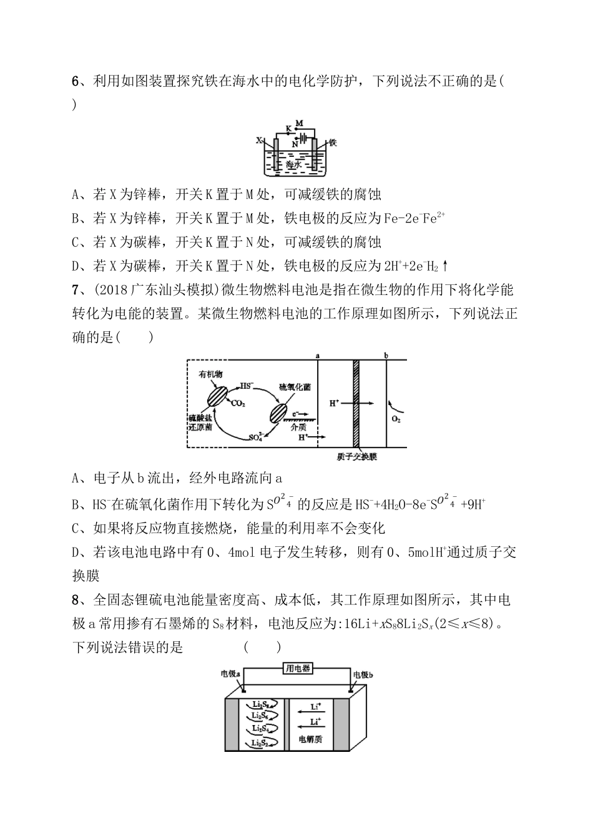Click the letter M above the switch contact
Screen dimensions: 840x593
pyautogui.click(x=299, y=123)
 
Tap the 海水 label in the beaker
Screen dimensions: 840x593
pyautogui.click(x=293, y=164)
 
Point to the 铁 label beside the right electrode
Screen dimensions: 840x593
pyautogui.click(x=333, y=142)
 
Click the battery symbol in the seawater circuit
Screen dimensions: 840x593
pyautogui.click(x=303, y=138)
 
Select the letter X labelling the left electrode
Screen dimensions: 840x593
pyautogui.click(x=259, y=141)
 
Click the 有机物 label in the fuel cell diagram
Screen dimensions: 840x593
pyautogui.click(x=210, y=374)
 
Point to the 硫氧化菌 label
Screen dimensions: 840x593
pyautogui.click(x=295, y=387)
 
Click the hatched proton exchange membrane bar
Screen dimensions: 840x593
pyautogui.click(x=357, y=403)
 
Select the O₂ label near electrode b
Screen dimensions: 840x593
pyautogui.click(x=396, y=419)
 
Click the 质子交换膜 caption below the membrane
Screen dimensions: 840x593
pyautogui.click(x=356, y=457)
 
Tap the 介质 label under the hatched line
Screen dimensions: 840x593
pyautogui.click(x=298, y=427)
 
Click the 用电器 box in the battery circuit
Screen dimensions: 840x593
pyautogui.click(x=298, y=669)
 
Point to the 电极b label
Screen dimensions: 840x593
pyautogui.click(x=363, y=674)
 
